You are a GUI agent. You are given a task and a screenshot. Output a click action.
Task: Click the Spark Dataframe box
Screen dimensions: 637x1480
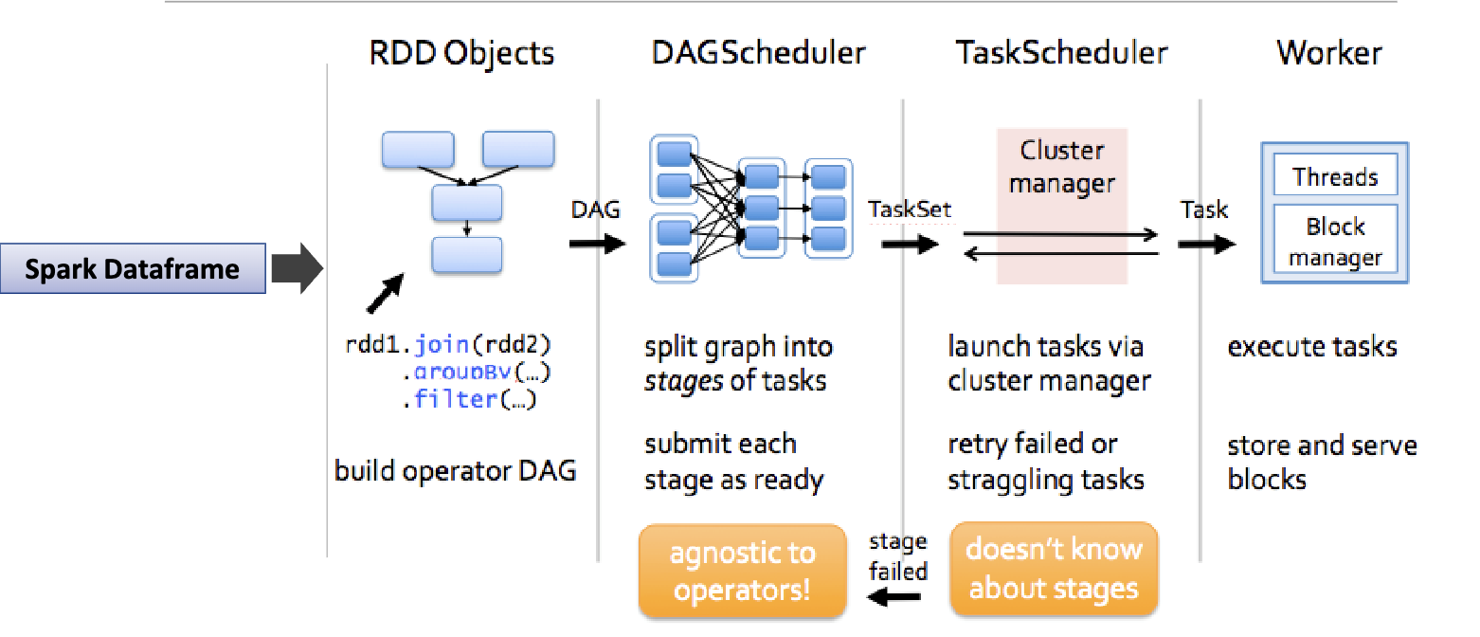[x=133, y=269]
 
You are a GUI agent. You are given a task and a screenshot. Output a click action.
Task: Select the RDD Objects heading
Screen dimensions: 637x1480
[x=461, y=53]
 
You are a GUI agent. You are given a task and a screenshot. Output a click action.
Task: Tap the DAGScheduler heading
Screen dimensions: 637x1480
[x=758, y=53]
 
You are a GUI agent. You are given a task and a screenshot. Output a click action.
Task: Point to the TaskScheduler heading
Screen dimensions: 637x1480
[x=1061, y=53]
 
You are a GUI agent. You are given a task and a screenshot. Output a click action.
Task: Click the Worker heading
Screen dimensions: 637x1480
[x=1328, y=53]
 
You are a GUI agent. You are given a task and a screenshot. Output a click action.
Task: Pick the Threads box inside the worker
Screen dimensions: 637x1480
[x=1335, y=177]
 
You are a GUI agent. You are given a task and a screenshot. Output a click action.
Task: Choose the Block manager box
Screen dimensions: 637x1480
[x=1335, y=242]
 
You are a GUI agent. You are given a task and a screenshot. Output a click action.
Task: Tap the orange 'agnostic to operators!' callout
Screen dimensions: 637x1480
[x=742, y=571]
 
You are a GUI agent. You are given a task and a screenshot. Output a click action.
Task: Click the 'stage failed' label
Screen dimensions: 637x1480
[x=897, y=556]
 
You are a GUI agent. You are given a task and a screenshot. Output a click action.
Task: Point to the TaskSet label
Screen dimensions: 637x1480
[x=910, y=209]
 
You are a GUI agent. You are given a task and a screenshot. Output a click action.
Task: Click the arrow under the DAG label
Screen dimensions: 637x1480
[x=597, y=244]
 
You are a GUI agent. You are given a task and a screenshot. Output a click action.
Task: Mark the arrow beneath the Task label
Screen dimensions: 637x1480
[x=1206, y=244]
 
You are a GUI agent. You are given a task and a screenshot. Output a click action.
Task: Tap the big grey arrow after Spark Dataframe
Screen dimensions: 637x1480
[x=298, y=269]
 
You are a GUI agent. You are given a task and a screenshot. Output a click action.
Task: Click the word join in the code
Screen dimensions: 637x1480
[x=442, y=343]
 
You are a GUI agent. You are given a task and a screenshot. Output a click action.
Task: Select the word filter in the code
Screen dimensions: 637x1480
[x=456, y=399]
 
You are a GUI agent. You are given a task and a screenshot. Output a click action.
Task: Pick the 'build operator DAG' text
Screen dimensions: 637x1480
[x=455, y=470]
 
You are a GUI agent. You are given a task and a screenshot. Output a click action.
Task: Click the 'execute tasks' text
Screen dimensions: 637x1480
[x=1312, y=346]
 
